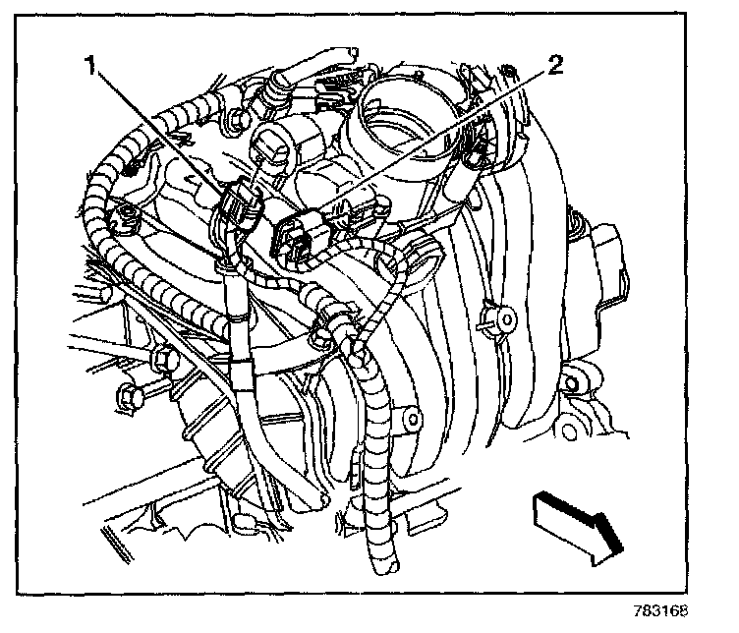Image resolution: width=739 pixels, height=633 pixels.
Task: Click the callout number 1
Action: click(89, 65)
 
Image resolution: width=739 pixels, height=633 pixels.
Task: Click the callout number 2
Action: click(555, 65)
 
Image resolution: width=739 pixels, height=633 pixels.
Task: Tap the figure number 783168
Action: click(660, 610)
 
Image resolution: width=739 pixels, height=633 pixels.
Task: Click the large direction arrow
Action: click(578, 526)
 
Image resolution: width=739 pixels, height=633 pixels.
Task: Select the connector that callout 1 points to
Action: click(242, 203)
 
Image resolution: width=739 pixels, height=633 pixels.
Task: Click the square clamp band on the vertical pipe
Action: click(241, 374)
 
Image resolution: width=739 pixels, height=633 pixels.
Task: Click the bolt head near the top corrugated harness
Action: click(236, 117)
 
